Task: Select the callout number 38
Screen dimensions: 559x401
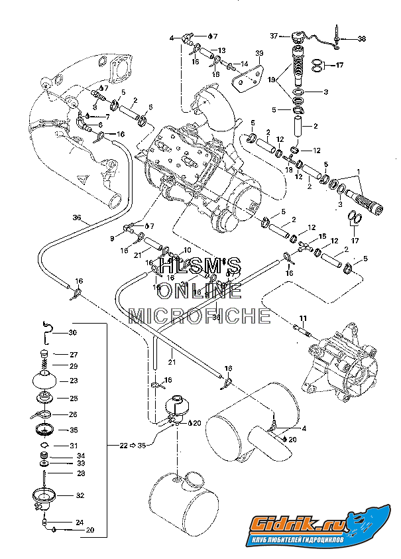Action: pos(361,39)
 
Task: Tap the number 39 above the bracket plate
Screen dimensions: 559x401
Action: pos(260,52)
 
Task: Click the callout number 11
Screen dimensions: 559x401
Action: pos(302,318)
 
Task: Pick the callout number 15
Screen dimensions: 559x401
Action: pos(323,237)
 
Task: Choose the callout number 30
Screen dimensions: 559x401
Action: pos(73,333)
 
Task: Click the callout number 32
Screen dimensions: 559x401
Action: pos(80,495)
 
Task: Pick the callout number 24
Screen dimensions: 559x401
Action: pos(80,522)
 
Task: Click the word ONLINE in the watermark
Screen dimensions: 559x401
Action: pos(200,290)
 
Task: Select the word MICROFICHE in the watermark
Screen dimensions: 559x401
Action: pos(200,315)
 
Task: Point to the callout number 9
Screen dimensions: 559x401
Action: pos(113,237)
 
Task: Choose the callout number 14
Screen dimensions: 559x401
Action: pos(244,64)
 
